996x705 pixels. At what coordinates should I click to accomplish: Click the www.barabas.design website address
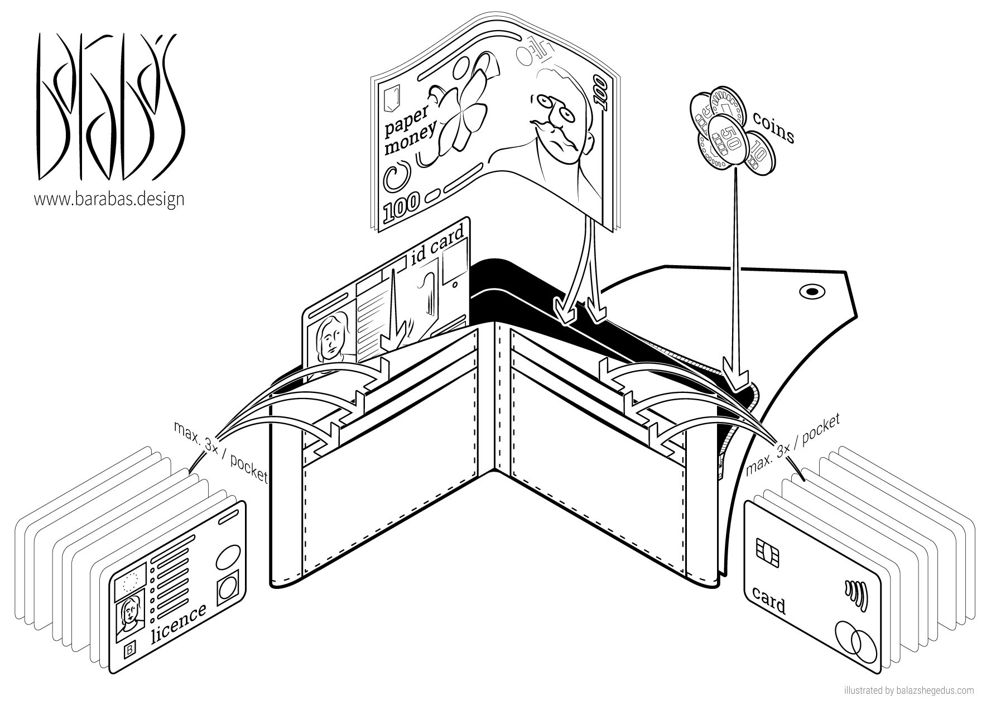coord(109,199)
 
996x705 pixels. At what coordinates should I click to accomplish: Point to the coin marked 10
coord(758,149)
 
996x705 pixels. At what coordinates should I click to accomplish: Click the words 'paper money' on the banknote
coord(411,127)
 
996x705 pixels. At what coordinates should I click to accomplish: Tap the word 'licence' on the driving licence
coord(179,623)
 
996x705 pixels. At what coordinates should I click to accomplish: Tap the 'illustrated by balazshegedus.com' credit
coord(910,690)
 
